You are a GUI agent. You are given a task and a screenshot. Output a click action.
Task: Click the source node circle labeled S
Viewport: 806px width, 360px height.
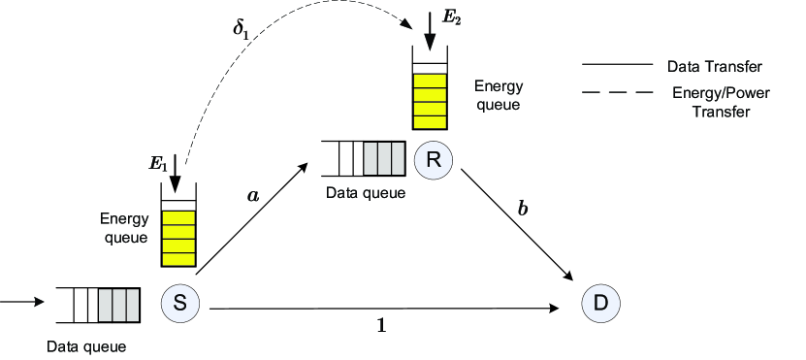(x=179, y=303)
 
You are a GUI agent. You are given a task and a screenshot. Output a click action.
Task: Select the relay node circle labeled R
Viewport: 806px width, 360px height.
(x=434, y=160)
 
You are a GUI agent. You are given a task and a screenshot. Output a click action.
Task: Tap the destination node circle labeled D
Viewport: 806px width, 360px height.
(x=600, y=304)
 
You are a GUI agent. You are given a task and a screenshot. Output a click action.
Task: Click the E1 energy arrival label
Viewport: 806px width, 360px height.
(x=158, y=164)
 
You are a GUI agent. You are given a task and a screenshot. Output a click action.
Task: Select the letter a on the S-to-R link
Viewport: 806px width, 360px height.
(x=254, y=195)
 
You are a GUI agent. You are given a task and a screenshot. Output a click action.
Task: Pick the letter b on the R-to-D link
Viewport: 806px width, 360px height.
(x=524, y=207)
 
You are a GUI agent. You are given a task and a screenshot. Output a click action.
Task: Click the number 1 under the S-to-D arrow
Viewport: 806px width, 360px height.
(x=381, y=326)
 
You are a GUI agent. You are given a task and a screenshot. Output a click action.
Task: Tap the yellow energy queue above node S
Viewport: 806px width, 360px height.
(x=177, y=238)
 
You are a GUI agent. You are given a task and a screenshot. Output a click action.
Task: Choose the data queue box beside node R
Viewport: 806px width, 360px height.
(x=363, y=158)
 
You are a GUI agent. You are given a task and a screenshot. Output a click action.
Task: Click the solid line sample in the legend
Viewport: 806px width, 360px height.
(x=617, y=66)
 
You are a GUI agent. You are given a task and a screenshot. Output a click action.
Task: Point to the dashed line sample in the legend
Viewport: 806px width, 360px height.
(x=617, y=94)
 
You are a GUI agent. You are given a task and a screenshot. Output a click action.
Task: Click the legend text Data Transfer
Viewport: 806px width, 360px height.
(x=714, y=67)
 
